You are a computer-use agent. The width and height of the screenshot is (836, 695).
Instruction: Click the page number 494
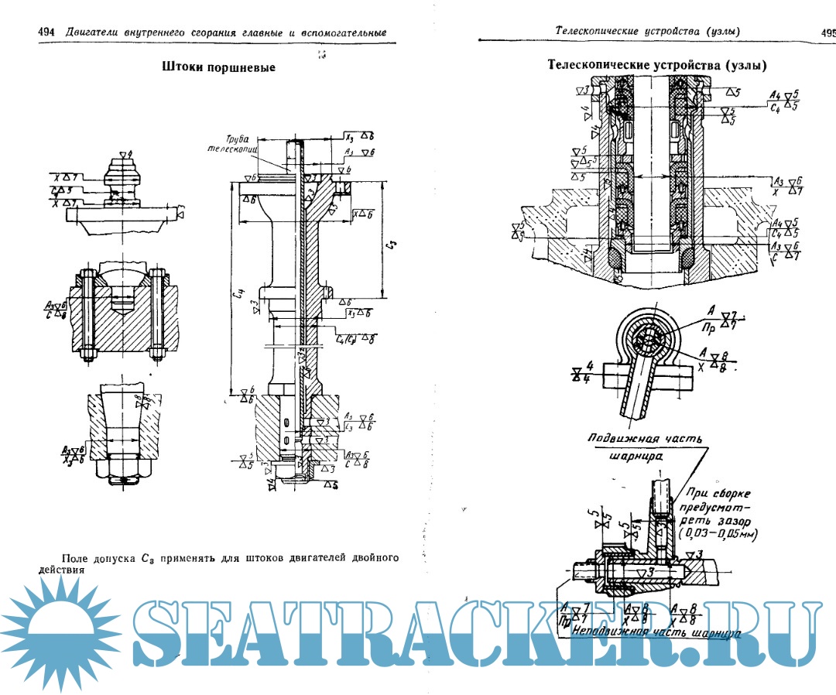[45, 32]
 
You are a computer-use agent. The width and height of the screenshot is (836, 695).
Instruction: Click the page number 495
[827, 32]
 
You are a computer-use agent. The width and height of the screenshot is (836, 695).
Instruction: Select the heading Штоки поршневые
[219, 67]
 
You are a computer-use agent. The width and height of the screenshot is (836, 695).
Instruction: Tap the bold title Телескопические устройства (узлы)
[657, 65]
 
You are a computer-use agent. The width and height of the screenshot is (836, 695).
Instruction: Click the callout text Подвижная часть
[645, 439]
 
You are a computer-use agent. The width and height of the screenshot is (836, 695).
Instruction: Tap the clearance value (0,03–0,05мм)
[716, 534]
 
